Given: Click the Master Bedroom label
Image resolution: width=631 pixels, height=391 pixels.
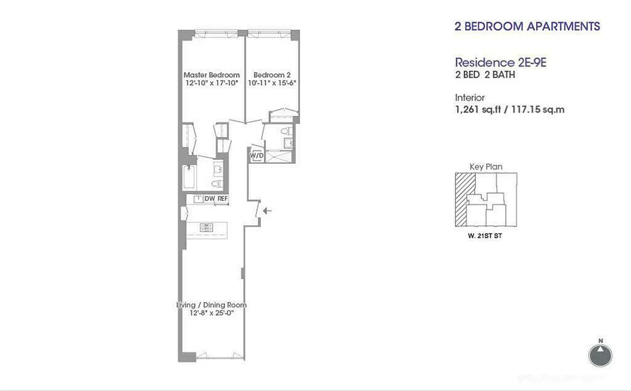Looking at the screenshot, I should (x=211, y=75).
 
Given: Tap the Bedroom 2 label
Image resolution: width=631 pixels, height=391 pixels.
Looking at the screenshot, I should (x=272, y=75).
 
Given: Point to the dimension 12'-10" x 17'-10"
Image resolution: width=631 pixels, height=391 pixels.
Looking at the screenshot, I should (x=211, y=83).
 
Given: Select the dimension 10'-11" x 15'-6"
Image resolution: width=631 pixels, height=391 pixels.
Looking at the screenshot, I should (x=272, y=83).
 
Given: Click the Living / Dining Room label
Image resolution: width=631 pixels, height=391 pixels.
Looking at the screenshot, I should (x=211, y=305).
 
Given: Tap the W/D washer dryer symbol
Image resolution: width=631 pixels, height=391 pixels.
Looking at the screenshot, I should (x=256, y=155).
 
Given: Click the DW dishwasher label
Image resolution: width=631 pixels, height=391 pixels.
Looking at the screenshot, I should (x=210, y=199).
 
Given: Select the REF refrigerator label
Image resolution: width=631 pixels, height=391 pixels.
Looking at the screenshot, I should (x=223, y=199).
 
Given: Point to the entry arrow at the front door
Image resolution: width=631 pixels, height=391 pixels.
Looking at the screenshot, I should (x=268, y=211).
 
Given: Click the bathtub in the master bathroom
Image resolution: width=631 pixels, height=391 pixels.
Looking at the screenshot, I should (x=189, y=178).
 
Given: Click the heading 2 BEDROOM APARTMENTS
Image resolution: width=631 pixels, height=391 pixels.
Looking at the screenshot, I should (x=527, y=26).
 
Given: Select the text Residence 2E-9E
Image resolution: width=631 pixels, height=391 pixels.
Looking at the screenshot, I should (x=494, y=63).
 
